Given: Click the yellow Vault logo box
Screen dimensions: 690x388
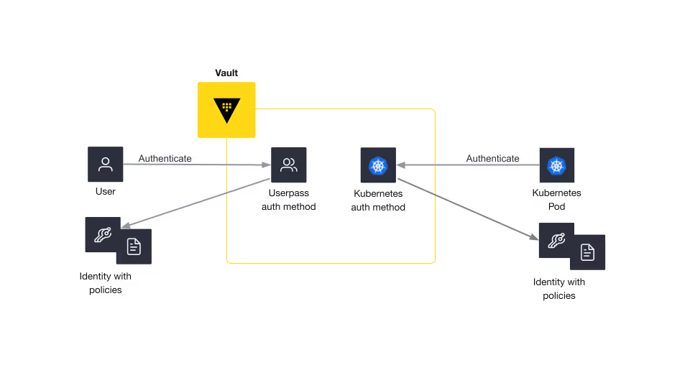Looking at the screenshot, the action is [x=226, y=110].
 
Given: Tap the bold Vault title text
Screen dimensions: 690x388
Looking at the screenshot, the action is [x=226, y=73].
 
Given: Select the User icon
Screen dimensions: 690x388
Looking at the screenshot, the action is [x=106, y=164].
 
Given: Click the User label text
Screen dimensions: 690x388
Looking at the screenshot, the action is [x=106, y=191].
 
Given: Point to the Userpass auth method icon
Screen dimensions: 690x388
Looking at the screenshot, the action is [x=289, y=165].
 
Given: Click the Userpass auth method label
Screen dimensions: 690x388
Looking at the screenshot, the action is [x=289, y=200].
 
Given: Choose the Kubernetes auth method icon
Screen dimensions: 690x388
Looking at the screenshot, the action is [x=379, y=165].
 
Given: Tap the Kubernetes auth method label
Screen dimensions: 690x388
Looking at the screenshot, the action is [x=379, y=200].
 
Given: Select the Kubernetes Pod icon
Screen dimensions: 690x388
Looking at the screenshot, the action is [x=556, y=165].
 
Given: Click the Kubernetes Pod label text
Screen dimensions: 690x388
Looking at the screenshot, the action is [x=556, y=199].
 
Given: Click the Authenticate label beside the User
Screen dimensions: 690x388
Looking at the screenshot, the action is [x=165, y=158].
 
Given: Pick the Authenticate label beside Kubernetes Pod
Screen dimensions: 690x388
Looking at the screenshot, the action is [x=493, y=158].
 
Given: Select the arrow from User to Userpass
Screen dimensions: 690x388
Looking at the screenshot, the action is [x=197, y=165].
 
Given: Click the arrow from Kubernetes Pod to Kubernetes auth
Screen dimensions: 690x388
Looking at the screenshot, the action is [x=468, y=165].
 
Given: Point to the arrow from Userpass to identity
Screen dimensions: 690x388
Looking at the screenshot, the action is [x=195, y=203].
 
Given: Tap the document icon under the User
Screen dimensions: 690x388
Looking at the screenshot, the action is [x=134, y=246].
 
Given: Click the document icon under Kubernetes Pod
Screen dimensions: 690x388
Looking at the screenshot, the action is [x=587, y=252].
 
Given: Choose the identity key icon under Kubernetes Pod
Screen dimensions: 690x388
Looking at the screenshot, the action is [x=556, y=240].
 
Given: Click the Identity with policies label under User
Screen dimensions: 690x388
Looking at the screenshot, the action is [x=106, y=283].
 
